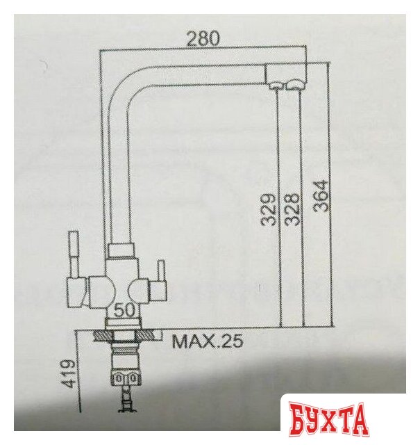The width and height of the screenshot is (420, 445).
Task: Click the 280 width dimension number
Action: click(203, 39)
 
